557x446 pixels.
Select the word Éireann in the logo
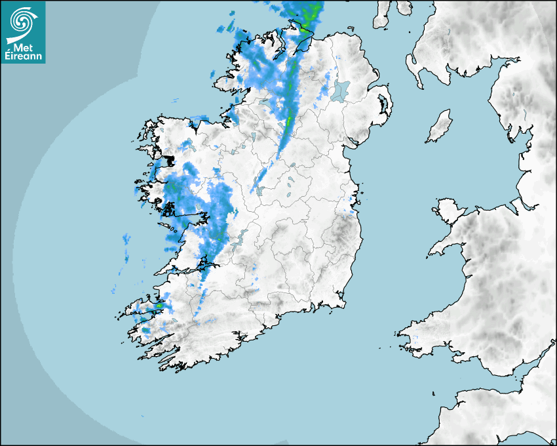pos(22,56)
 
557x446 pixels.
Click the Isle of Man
pos(440,127)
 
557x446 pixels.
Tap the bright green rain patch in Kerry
pos(159,305)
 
